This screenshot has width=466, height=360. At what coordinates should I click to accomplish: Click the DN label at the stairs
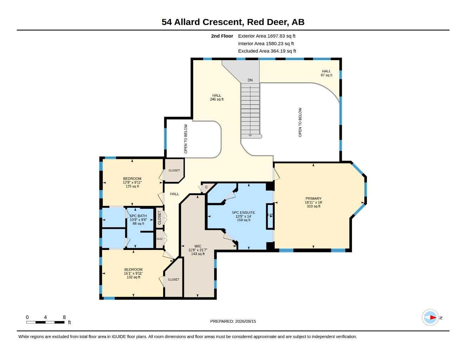pos(250,80)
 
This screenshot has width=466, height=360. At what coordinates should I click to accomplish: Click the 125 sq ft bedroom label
pos(132,182)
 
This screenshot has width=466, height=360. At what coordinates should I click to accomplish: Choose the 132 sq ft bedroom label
pos(133,273)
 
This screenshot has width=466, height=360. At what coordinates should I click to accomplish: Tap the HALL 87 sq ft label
pos(326,73)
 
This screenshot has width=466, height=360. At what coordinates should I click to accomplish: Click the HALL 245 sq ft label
pos(217,97)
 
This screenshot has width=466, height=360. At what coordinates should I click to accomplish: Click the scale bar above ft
pos(45,322)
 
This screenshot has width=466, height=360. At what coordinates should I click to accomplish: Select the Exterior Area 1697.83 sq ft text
pos(267,36)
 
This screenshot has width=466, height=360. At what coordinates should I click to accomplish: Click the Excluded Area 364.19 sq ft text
pos(267,51)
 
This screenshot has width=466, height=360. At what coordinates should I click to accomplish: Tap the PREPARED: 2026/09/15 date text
pos(233,321)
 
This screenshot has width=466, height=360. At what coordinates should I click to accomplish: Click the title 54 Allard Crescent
pos(203,22)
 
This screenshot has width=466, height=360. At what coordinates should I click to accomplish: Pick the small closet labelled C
pos(206,187)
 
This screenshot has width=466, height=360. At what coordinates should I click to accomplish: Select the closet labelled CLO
pos(159,239)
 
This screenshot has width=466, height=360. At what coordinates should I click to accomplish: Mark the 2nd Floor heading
pos(222,36)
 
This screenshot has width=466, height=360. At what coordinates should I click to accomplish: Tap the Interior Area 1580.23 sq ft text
pos(266,44)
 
